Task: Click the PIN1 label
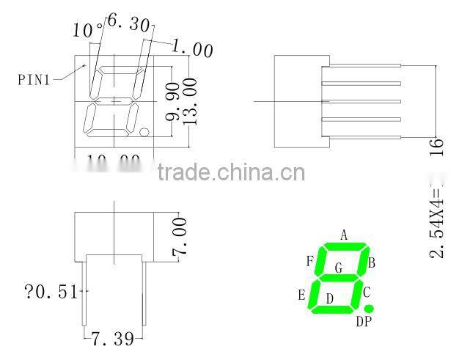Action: pyautogui.click(x=34, y=79)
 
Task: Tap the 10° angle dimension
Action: pyautogui.click(x=87, y=30)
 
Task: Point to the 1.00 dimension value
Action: pyautogui.click(x=193, y=49)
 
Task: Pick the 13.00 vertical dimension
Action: pyautogui.click(x=190, y=103)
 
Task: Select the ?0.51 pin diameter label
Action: pyautogui.click(x=51, y=293)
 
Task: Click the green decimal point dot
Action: pyautogui.click(x=368, y=309)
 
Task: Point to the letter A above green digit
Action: pyautogui.click(x=343, y=235)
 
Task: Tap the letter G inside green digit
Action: pyautogui.click(x=338, y=268)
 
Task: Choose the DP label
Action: pyautogui.click(x=364, y=321)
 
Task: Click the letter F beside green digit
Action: pyautogui.click(x=310, y=261)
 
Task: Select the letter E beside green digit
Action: pyautogui.click(x=301, y=295)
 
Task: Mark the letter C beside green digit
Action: pyautogui.click(x=367, y=291)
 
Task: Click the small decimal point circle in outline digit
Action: pyautogui.click(x=144, y=133)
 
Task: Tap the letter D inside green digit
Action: pyautogui.click(x=330, y=298)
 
